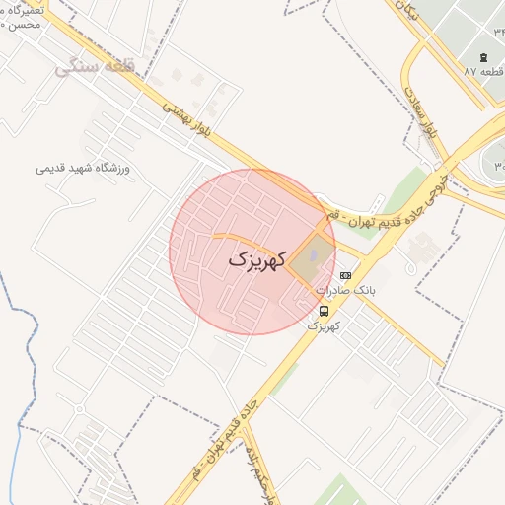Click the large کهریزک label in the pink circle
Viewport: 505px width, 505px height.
[256, 260]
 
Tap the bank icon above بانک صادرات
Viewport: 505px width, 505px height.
[344, 275]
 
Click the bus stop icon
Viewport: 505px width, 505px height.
[325, 311]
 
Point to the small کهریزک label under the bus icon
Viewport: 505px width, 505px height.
[324, 325]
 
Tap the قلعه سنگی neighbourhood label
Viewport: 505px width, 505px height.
[95, 66]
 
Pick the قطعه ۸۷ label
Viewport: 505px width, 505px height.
[484, 72]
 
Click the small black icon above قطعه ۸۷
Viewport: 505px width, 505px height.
[483, 56]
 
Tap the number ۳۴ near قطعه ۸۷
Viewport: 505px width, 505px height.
[498, 31]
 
